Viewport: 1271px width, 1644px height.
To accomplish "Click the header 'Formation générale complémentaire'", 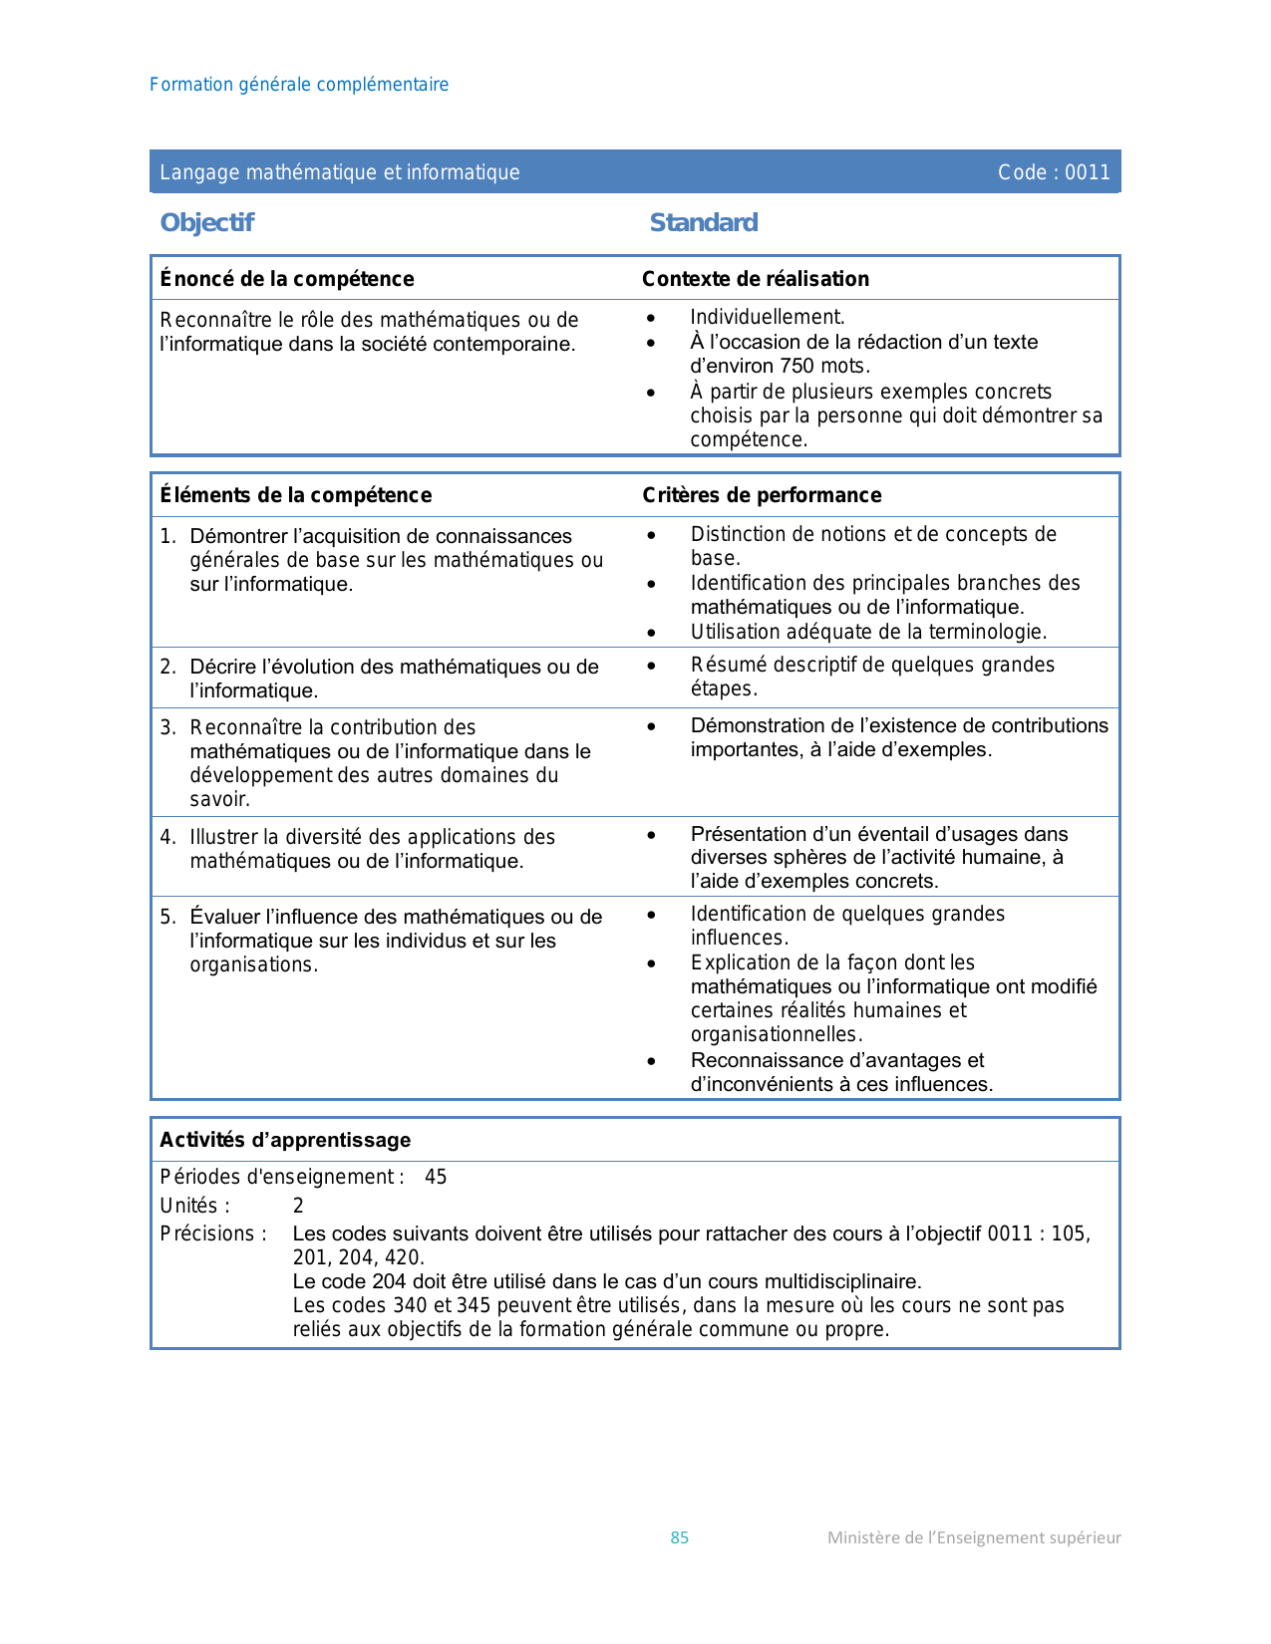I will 299,85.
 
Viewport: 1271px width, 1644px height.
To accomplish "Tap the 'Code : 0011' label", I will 1054,172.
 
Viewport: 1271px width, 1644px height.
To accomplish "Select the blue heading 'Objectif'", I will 207,222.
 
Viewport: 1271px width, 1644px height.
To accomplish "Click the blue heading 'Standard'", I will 704,222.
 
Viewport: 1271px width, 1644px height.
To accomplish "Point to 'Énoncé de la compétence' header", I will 287,279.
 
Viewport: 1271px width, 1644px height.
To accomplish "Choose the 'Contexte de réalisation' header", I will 756,279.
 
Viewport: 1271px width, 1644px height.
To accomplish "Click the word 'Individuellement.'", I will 768,317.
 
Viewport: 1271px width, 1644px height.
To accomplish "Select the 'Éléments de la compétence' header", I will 296,495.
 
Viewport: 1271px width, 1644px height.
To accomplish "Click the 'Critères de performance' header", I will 762,495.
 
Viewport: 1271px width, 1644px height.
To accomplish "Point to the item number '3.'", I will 167,727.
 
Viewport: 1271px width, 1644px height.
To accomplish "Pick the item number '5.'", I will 167,917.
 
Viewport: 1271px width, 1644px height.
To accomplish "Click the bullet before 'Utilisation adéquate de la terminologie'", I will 652,633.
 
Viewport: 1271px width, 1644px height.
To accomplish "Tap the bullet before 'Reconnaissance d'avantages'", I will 652,1061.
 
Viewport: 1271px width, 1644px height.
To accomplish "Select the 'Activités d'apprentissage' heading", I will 285,1140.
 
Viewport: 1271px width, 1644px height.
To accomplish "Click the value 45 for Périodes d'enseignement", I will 436,1177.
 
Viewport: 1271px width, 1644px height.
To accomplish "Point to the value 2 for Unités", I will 298,1206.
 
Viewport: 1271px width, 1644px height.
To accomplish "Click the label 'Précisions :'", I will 213,1233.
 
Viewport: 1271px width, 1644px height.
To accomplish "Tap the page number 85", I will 680,1537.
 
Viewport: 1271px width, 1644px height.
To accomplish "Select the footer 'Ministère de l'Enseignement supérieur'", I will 974,1537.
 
